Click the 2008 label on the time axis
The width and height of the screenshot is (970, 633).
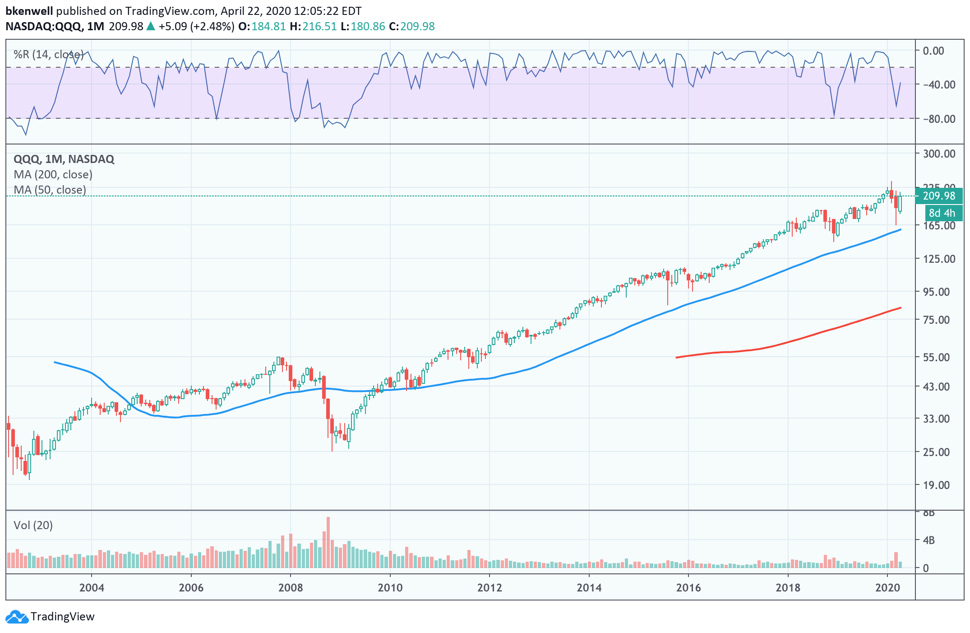point(291,587)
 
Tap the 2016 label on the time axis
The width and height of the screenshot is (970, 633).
point(688,587)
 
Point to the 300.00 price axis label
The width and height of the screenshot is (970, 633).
point(939,154)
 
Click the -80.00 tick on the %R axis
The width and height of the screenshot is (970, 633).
point(939,119)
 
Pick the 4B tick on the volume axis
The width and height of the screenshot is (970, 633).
point(928,540)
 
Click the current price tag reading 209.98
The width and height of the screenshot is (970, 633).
point(939,196)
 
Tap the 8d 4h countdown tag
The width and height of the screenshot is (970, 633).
point(942,213)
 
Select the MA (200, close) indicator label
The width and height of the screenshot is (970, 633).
point(53,175)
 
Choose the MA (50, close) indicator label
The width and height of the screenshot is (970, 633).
point(50,190)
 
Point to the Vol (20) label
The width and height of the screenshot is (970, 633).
point(33,525)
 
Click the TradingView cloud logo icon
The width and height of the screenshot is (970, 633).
point(17,617)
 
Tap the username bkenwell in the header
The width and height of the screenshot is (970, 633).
point(29,11)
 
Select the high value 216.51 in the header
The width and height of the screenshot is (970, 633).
point(319,26)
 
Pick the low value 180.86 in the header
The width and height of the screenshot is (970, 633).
point(368,26)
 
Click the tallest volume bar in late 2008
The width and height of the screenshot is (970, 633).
point(328,542)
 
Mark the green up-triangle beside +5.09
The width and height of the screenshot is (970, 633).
point(151,26)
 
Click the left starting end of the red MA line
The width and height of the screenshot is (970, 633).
point(676,358)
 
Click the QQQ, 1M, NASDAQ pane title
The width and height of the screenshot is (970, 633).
point(64,159)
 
